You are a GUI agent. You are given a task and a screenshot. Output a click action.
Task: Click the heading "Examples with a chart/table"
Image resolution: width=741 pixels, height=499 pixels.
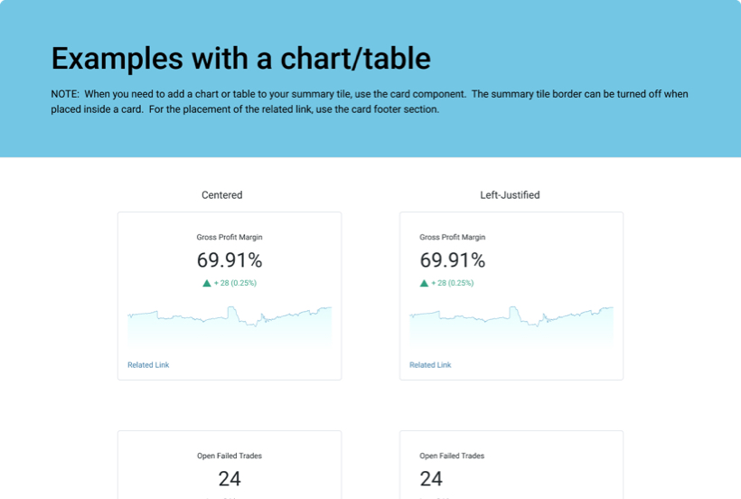click(240, 59)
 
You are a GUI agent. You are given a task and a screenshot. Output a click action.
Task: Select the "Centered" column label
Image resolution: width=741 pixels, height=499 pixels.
click(221, 195)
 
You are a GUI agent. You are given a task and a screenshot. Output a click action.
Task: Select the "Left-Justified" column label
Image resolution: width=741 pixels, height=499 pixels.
click(510, 195)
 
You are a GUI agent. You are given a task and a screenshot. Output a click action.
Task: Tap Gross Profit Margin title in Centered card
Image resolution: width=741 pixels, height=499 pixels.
click(230, 238)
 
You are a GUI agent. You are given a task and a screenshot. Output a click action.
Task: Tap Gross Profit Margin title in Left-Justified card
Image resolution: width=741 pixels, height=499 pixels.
click(452, 238)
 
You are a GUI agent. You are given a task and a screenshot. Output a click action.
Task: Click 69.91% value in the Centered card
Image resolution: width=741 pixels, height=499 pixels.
click(230, 260)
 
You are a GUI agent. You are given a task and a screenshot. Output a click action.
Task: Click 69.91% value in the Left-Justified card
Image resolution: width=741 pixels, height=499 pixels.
click(452, 260)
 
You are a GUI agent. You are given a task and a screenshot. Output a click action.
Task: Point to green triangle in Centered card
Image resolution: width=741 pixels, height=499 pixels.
click(207, 283)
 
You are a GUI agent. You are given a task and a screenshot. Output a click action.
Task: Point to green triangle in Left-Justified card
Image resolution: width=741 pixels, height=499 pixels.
click(424, 283)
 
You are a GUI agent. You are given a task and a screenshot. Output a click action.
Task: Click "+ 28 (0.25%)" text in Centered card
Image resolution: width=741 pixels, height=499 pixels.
click(235, 283)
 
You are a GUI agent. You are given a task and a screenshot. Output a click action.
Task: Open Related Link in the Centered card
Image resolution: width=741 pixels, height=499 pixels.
click(148, 365)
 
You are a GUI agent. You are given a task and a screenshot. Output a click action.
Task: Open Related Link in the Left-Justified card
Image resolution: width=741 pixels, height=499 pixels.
click(430, 365)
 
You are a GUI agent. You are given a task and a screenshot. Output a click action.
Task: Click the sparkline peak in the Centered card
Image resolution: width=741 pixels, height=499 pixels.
click(232, 308)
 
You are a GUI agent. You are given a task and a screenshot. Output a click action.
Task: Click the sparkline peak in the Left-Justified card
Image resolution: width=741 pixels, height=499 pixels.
click(514, 308)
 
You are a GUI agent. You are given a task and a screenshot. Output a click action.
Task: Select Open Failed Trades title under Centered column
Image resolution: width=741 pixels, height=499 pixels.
click(230, 457)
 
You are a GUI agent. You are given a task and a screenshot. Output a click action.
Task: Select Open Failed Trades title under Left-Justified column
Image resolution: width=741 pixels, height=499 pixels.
click(452, 457)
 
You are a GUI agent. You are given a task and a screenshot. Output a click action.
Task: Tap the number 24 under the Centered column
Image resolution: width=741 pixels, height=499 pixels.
click(230, 478)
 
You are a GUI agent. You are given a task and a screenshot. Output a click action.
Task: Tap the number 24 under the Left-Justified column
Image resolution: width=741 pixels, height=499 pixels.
click(431, 478)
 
